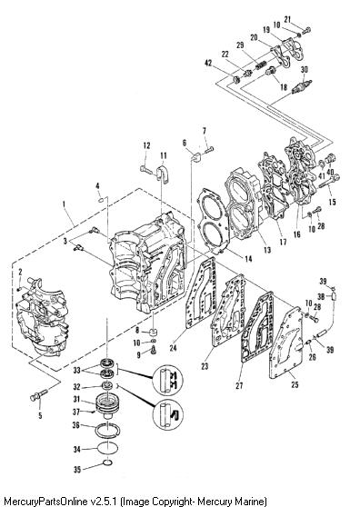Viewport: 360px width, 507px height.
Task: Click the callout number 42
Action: (208, 63)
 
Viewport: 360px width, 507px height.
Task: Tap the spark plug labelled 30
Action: (302, 86)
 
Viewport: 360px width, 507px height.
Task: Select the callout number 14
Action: (248, 259)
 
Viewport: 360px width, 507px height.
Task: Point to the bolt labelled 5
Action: (38, 395)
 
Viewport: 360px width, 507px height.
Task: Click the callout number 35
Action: (77, 469)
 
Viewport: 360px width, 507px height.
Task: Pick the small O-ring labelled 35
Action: (108, 463)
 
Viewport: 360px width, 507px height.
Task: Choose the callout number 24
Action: (174, 348)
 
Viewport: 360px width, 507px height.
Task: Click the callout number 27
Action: (239, 385)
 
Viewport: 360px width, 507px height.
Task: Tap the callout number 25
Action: (295, 384)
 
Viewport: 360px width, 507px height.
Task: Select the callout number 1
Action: (64, 204)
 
